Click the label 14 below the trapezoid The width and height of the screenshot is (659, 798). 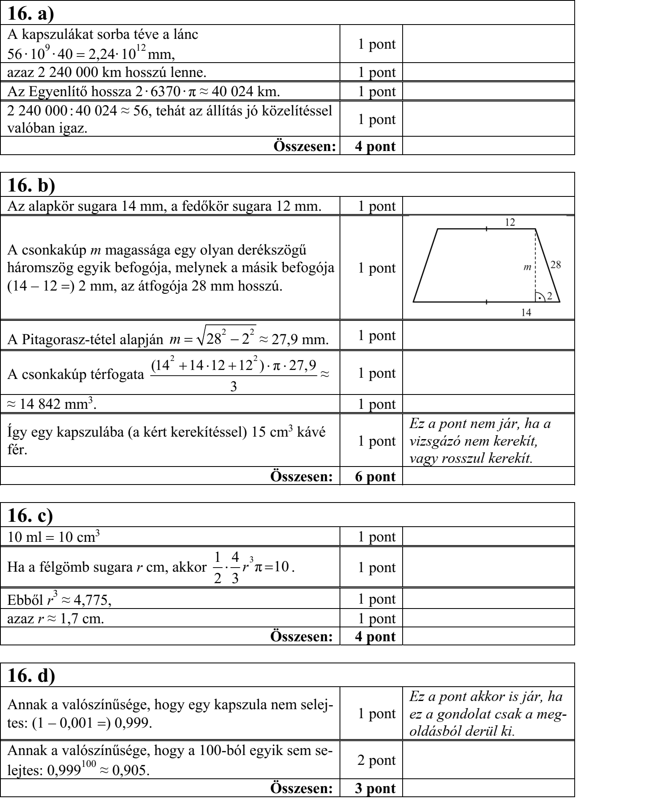[526, 312]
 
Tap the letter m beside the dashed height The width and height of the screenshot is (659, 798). [528, 267]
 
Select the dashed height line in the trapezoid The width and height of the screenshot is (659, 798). [535, 262]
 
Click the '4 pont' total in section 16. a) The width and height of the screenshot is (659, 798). [375, 147]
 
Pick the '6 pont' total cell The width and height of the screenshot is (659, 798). [375, 476]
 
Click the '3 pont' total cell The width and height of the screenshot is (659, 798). [375, 789]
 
